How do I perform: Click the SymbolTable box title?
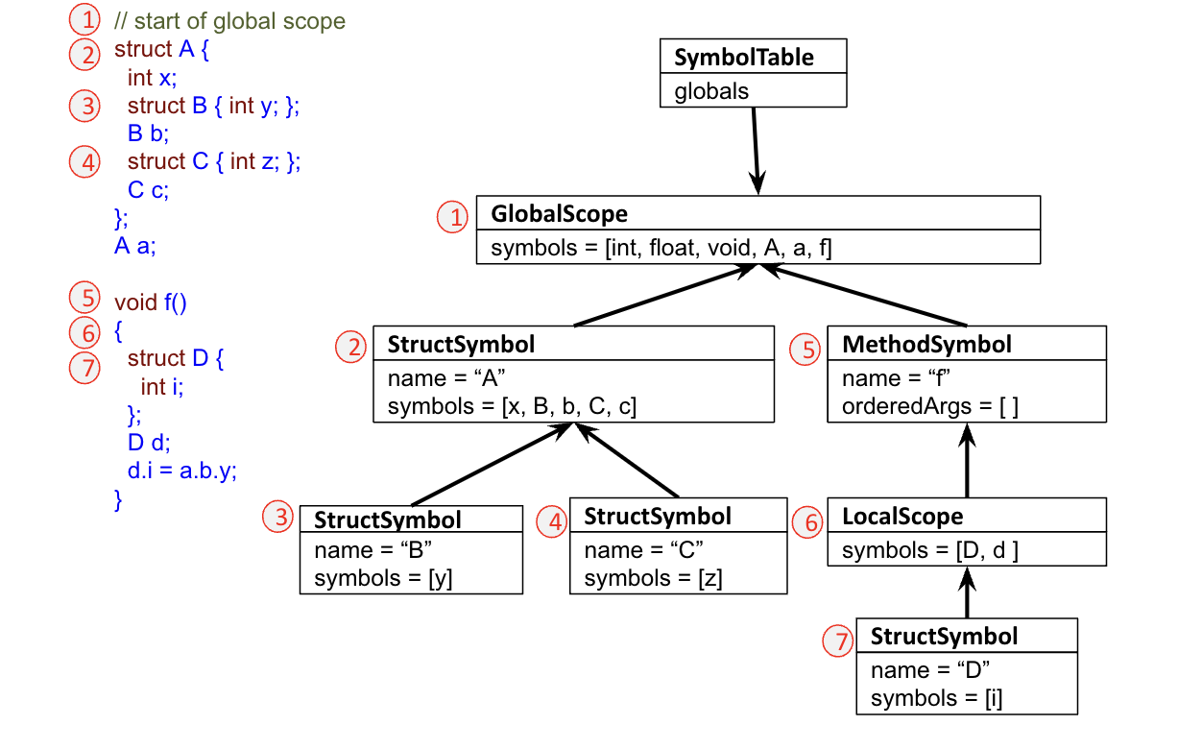743,57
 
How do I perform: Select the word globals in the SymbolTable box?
711,91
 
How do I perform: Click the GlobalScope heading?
559,213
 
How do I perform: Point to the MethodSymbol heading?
926,344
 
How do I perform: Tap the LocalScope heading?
902,517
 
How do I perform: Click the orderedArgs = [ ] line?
930,406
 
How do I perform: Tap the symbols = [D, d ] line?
930,551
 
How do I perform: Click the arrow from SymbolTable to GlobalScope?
756,150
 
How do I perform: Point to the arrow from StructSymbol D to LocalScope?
967,593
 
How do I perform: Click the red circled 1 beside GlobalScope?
452,217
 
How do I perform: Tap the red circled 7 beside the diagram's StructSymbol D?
838,640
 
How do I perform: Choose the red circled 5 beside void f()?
85,295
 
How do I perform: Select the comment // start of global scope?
229,21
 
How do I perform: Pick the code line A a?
135,246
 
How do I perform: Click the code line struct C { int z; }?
213,161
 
